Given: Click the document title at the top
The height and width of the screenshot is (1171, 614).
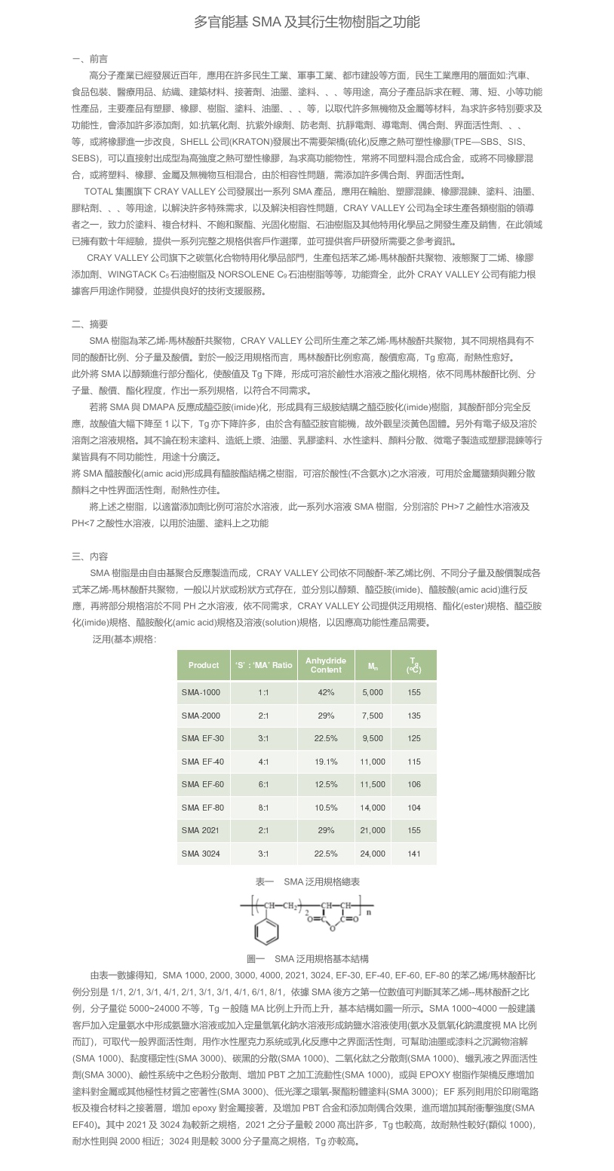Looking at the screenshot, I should coord(307,22).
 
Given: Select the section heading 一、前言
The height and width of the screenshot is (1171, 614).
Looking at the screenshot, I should coord(89,59).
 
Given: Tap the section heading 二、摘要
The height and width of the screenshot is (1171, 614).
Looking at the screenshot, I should coord(89,324).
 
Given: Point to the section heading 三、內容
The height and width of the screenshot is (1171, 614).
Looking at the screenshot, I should coord(89,556).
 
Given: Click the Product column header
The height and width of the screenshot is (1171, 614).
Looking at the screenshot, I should coord(203,665).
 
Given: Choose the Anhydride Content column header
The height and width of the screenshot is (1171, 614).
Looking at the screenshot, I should coord(326,665).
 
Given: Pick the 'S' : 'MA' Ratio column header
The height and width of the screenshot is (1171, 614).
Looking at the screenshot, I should coord(262,665).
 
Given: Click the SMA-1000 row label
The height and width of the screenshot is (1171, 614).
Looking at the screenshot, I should coord(201,692).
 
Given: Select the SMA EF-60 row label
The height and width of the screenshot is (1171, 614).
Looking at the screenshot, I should coord(202,784).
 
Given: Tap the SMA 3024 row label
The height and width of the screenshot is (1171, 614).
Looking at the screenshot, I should coord(201,854).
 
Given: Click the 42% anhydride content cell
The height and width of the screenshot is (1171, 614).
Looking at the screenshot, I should coord(326,692).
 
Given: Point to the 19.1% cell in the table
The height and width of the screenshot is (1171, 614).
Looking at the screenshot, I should coord(326,762).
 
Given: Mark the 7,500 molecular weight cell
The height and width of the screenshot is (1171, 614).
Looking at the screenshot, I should coord(373,716).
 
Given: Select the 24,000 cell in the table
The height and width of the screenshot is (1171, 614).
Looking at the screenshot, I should coord(373,854).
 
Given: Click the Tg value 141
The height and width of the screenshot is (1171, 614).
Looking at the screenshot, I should coord(413,854).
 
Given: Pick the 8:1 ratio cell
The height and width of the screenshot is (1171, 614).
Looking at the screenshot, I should coord(262,808).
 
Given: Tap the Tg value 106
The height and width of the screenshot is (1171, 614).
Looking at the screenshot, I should coord(413,784).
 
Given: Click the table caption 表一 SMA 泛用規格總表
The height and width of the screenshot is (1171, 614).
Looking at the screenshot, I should coord(307,881).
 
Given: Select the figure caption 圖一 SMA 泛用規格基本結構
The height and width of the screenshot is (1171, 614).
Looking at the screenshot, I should coord(307,958).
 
